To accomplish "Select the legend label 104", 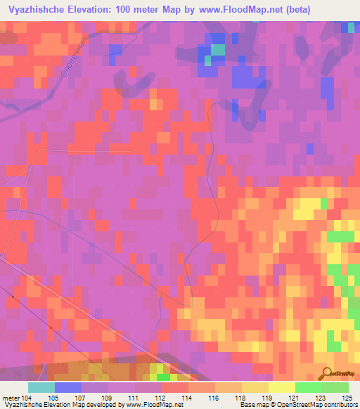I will click(x=27, y=397).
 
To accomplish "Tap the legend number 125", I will click(x=347, y=397).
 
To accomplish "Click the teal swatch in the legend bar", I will click(x=41, y=387).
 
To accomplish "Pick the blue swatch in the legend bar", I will click(x=68, y=387).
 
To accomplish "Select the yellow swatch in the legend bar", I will click(x=281, y=387).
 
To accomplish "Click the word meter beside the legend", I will click(x=11, y=397).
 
